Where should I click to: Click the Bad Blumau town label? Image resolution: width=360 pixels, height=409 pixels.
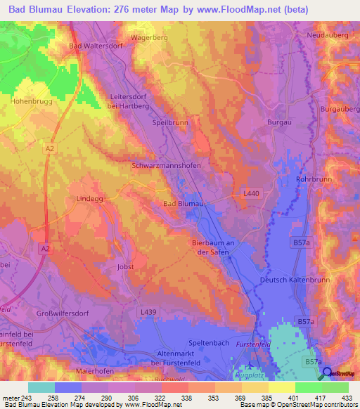(x=183, y=204)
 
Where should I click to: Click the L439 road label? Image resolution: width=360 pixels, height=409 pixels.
(x=148, y=311)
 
